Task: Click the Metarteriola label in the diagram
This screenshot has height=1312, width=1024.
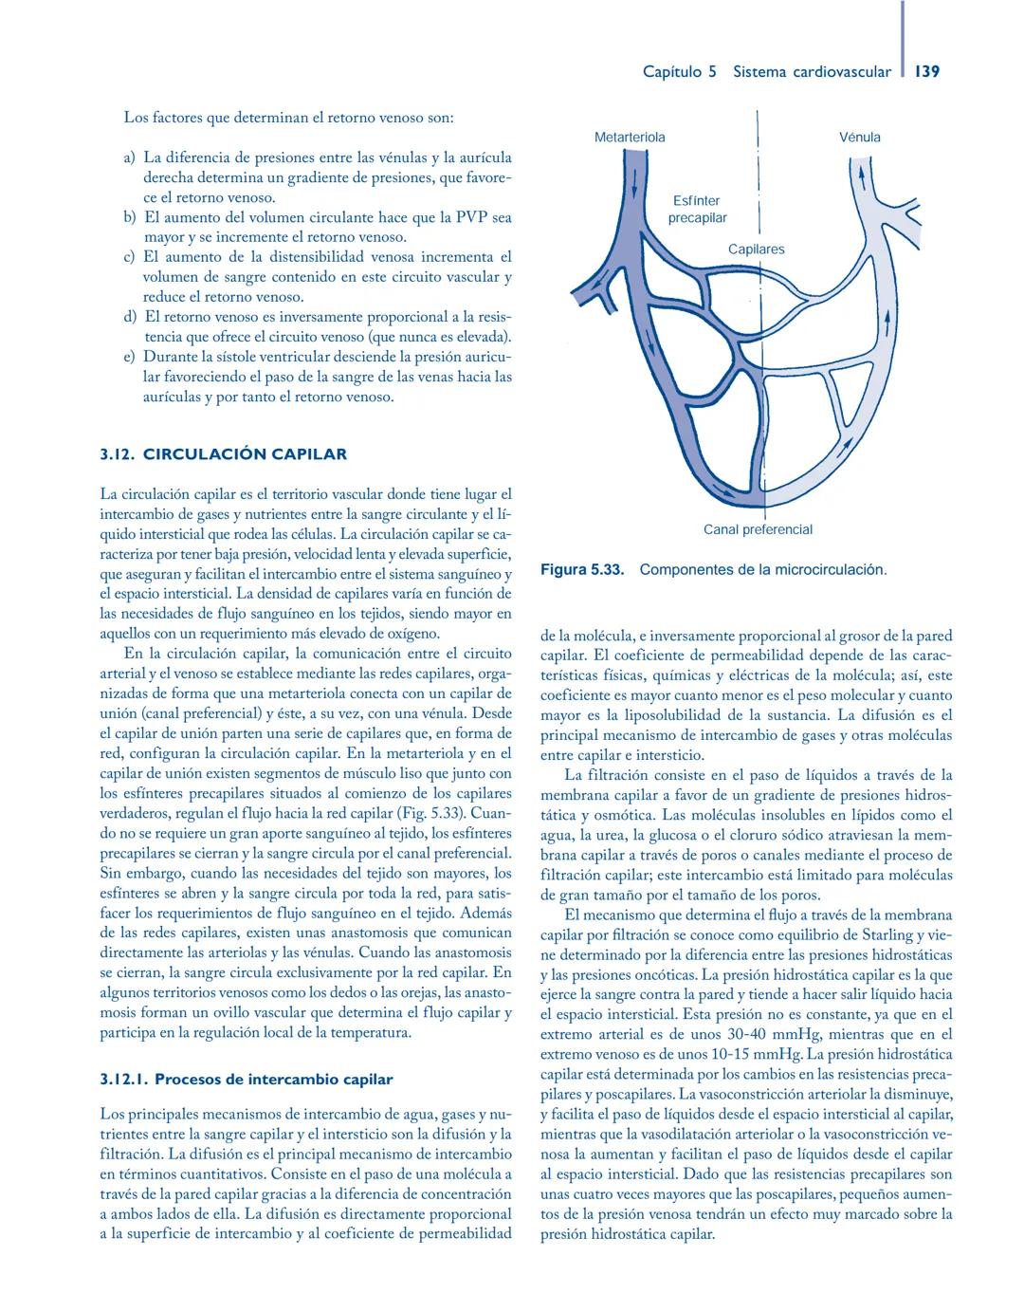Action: click(629, 138)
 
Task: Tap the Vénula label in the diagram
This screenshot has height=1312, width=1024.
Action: click(859, 138)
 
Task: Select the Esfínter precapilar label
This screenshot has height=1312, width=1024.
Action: click(697, 210)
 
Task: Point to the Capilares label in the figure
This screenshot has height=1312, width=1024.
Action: click(756, 249)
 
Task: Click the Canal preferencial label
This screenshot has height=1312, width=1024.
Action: click(758, 529)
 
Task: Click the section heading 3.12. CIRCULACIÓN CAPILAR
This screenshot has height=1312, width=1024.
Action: click(224, 454)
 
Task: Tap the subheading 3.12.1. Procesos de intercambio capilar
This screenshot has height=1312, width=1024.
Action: click(247, 1080)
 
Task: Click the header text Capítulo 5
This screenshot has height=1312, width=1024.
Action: click(679, 72)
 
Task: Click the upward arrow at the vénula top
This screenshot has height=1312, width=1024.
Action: click(861, 175)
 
